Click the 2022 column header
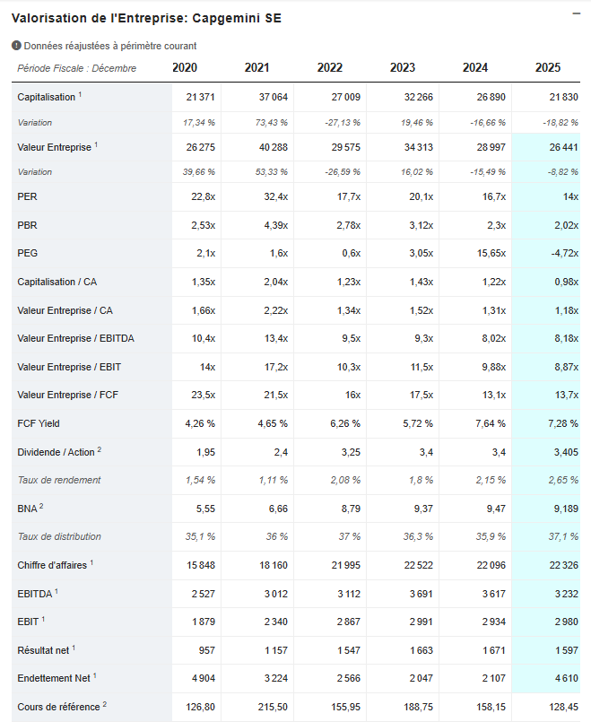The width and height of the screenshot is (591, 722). click(x=329, y=67)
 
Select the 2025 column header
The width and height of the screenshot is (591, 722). click(x=547, y=67)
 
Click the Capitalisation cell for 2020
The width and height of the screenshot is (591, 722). click(x=200, y=97)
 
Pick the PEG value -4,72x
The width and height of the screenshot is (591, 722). click(x=562, y=253)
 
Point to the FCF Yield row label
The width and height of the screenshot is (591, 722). click(x=39, y=423)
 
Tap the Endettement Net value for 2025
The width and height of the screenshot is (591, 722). click(x=565, y=678)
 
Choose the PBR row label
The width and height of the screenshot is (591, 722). click(x=27, y=225)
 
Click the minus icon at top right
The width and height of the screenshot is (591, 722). click(x=576, y=13)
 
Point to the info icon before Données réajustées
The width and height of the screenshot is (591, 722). click(x=16, y=46)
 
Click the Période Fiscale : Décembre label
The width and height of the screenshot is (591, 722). click(x=77, y=68)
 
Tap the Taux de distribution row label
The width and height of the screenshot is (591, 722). click(x=59, y=536)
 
